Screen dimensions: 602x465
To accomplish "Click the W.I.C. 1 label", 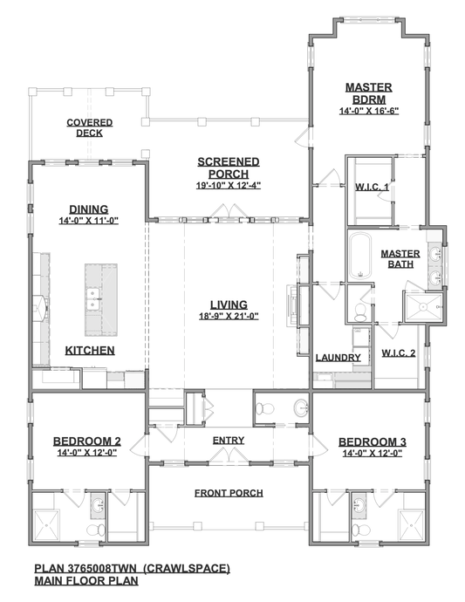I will pyautogui.click(x=372, y=188).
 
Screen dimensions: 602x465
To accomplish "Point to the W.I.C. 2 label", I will pyautogui.click(x=399, y=353).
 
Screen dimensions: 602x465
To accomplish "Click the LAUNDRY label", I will pyautogui.click(x=338, y=358).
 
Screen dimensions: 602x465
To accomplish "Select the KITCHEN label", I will pyautogui.click(x=91, y=351).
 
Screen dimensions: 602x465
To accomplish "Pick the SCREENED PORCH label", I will pyautogui.click(x=228, y=168).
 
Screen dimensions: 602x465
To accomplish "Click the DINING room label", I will pyautogui.click(x=87, y=209).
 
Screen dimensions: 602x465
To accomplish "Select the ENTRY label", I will pyautogui.click(x=228, y=441).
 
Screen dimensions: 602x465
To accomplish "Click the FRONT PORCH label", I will pyautogui.click(x=229, y=493).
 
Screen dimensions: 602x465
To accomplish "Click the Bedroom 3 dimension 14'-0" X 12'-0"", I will pyautogui.click(x=372, y=454).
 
